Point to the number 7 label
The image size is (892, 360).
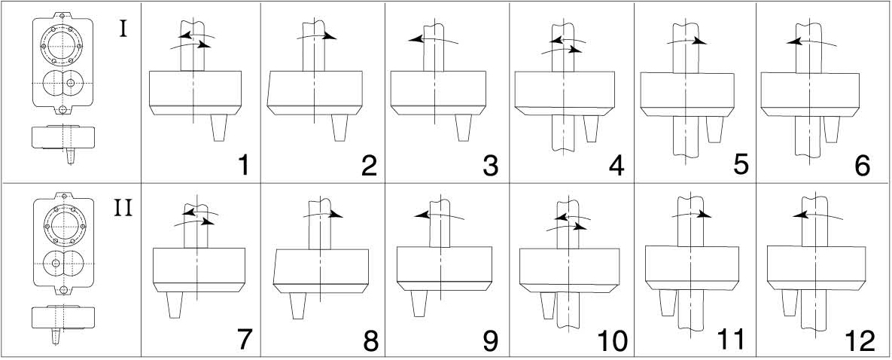click(244, 340)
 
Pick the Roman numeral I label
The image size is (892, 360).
click(124, 29)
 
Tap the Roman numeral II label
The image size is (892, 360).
click(123, 209)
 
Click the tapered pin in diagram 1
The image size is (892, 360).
click(218, 127)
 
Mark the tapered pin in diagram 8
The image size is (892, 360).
click(298, 305)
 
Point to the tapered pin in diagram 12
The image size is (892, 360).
click(790, 303)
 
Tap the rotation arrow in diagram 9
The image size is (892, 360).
click(439, 215)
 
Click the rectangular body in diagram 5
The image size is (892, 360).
click(687, 95)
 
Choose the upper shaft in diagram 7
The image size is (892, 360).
click(196, 226)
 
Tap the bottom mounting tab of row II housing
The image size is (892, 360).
click(63, 291)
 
